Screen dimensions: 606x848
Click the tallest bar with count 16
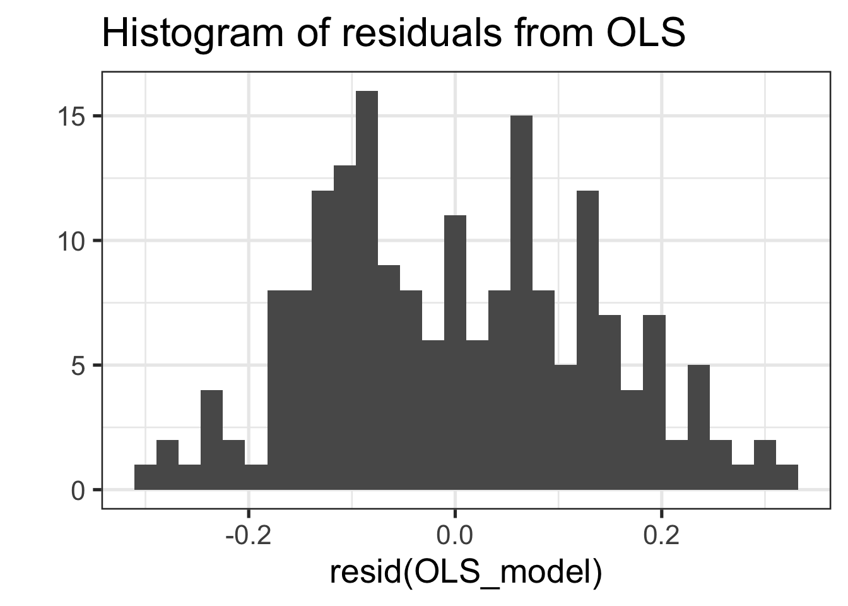click(x=367, y=290)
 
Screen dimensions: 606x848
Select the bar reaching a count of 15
click(x=521, y=303)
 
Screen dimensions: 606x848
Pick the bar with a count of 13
click(x=344, y=328)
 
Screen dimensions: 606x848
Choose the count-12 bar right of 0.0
click(x=587, y=340)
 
